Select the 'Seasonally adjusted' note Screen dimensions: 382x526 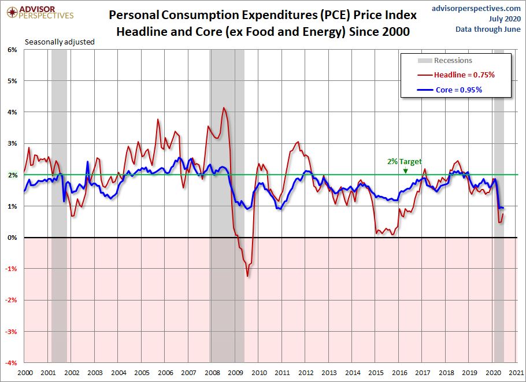60,42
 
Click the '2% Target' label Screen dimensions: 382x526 405,162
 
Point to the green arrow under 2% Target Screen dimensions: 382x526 405,170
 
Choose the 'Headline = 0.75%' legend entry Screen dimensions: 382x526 464,75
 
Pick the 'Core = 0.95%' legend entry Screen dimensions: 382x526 458,90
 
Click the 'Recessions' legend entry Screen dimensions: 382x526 453,60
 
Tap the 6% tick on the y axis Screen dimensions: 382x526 12,50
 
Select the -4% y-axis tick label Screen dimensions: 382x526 11,363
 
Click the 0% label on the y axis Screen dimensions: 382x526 12,238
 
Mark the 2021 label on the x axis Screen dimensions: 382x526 516,373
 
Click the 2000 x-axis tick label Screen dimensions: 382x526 24,373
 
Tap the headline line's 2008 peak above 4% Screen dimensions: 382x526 224,107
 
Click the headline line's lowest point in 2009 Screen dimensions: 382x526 247,276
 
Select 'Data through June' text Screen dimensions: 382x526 488,29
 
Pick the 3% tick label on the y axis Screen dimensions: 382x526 12,143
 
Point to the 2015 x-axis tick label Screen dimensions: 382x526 376,373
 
